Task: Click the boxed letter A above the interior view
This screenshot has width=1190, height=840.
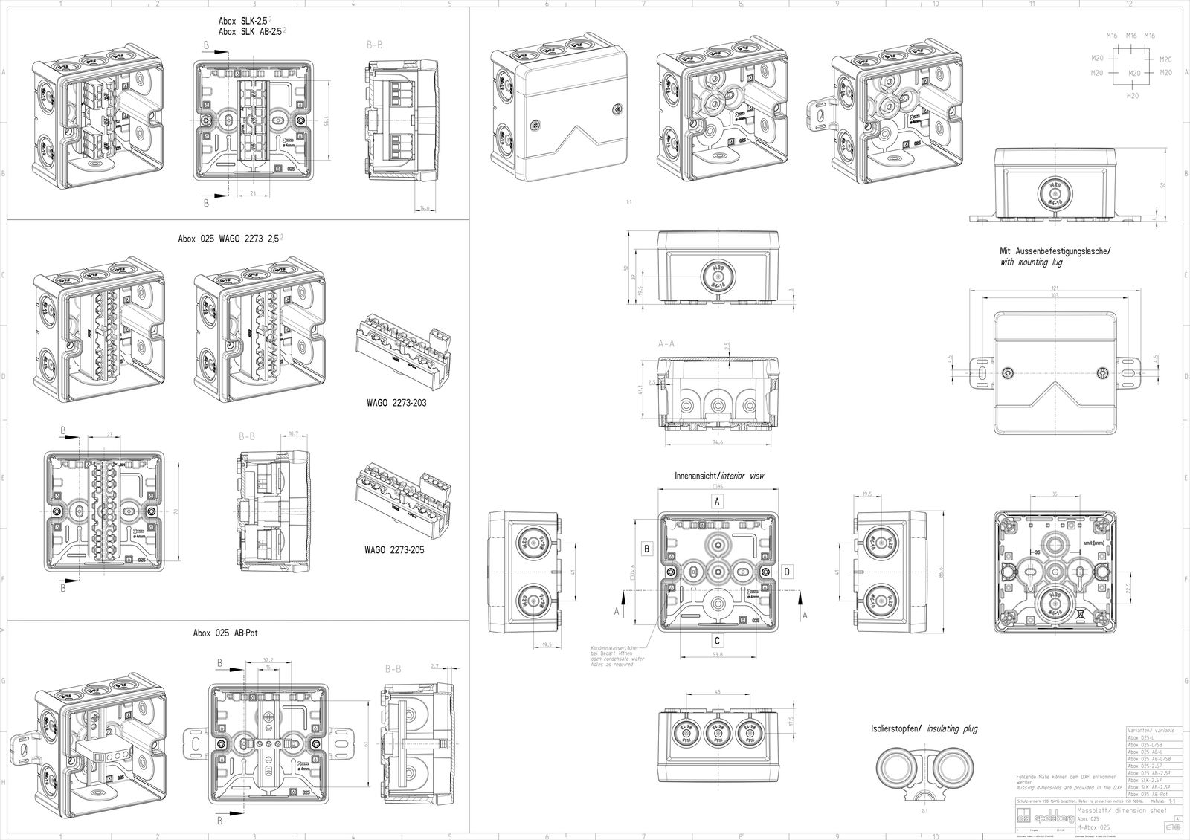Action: click(x=717, y=502)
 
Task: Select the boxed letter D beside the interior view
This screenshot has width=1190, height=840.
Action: click(x=788, y=571)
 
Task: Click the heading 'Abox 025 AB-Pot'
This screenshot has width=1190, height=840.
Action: click(x=225, y=633)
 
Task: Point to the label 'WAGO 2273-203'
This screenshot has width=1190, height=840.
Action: click(x=395, y=403)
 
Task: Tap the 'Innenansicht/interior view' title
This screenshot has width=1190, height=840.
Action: click(x=718, y=475)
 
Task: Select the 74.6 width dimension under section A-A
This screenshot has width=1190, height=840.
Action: click(x=717, y=442)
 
